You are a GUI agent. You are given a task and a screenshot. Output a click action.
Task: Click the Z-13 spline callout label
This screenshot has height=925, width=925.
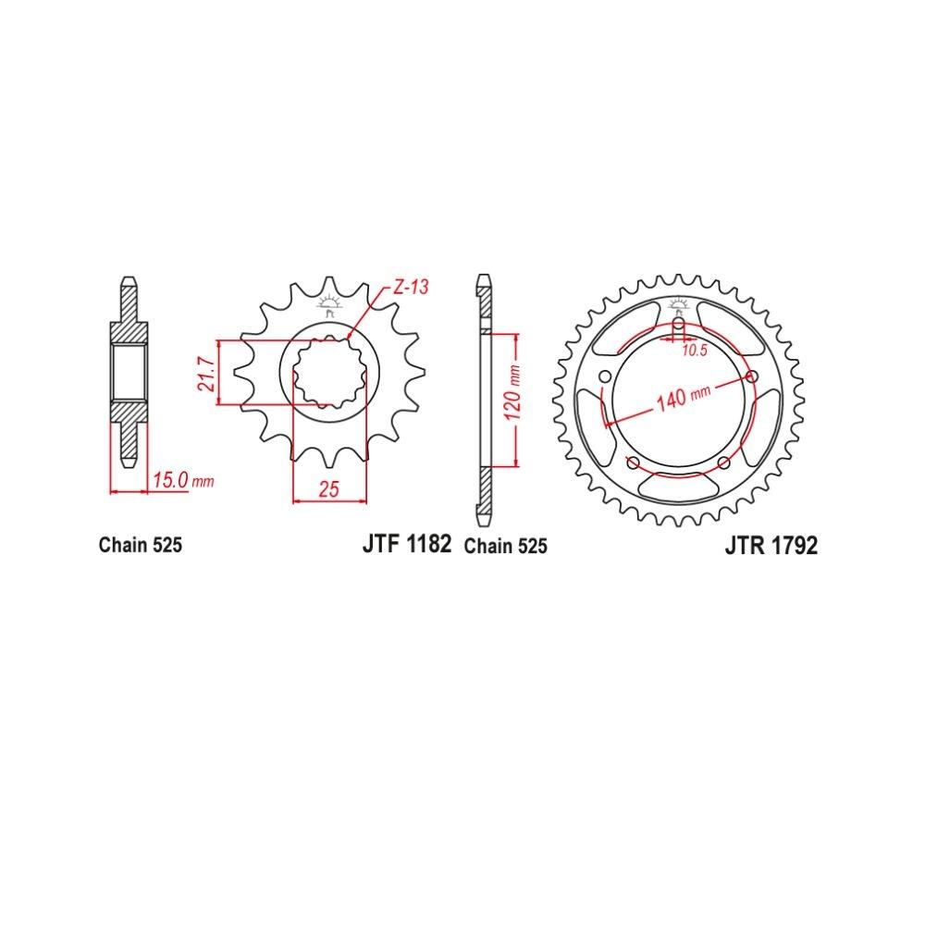[x=412, y=288]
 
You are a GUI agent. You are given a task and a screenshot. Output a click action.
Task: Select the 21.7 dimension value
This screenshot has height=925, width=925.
[x=206, y=374]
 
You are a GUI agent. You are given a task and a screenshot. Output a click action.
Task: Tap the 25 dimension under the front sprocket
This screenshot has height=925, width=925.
[x=329, y=489]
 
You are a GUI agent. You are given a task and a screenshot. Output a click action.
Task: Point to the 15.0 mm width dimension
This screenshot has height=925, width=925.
[x=183, y=480]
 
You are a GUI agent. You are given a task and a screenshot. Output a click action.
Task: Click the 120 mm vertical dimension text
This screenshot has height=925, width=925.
[x=512, y=391]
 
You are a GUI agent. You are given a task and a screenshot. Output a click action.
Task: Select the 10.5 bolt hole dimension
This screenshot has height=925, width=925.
[x=695, y=351]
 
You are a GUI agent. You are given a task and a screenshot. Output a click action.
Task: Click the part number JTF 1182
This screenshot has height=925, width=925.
[x=407, y=543]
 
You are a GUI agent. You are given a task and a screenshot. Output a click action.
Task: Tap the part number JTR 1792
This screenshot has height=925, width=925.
[x=771, y=546]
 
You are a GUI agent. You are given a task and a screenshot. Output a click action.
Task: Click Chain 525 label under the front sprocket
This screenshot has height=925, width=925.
[x=141, y=545]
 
